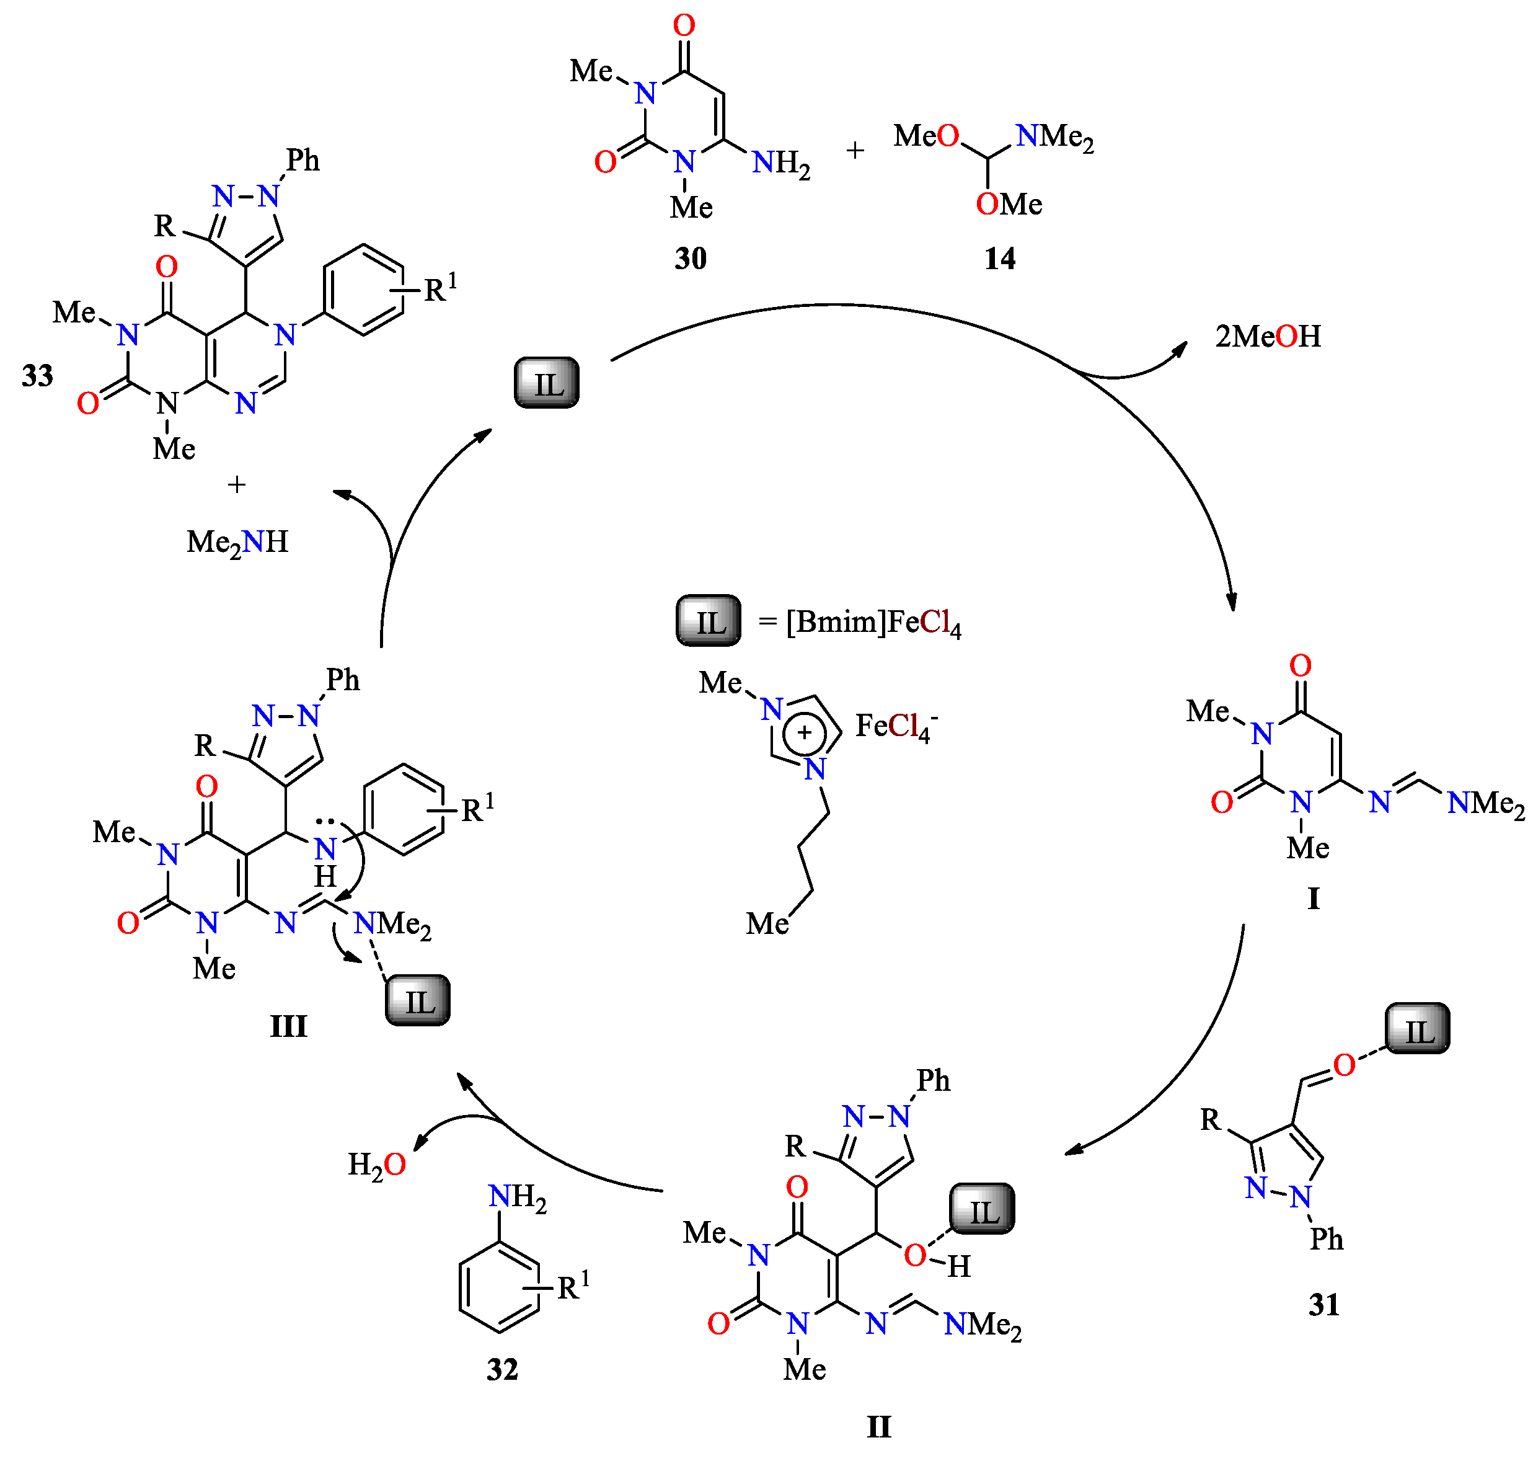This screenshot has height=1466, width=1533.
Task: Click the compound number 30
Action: click(691, 258)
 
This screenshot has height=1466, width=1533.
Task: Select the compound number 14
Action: click(1000, 258)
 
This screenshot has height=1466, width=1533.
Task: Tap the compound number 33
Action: click(37, 375)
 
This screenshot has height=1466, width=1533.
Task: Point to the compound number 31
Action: click(1323, 1304)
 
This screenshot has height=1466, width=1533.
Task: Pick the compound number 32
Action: click(502, 1369)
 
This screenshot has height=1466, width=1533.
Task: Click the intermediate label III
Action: click(288, 1026)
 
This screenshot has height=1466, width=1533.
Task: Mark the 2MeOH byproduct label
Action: click(1268, 336)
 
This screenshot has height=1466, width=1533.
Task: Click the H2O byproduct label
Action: click(376, 1165)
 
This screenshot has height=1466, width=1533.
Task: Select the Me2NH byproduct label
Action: click(237, 541)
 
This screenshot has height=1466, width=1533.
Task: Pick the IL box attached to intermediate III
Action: click(418, 1000)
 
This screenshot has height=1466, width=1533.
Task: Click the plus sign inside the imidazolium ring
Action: click(805, 732)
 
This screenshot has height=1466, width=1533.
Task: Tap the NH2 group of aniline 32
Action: click(517, 1196)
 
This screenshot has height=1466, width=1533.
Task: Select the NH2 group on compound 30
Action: click(781, 163)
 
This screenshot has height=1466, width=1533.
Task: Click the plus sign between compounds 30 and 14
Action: click(855, 150)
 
